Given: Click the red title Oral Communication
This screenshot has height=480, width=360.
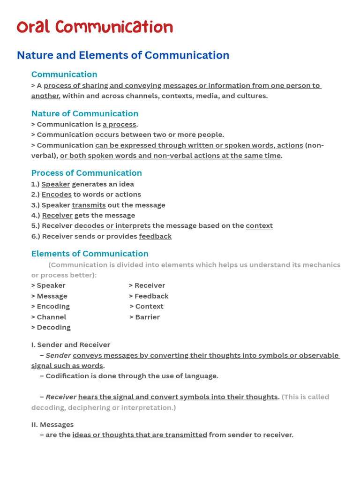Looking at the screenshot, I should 95,27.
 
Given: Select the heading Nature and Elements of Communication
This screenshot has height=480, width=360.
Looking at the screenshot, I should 123,55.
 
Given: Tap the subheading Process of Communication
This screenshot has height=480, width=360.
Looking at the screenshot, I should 86,173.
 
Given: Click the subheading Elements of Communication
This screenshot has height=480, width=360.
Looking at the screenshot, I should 90,254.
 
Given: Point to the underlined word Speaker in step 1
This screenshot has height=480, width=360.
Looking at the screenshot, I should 55,184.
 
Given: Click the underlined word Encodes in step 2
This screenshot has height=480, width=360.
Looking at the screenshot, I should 56,195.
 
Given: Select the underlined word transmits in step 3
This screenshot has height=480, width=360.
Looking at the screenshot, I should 89,205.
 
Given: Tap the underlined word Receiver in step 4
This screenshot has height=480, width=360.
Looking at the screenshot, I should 57,216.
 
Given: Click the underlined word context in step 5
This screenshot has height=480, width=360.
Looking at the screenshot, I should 259,226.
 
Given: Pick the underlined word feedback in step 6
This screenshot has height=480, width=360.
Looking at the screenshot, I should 155,236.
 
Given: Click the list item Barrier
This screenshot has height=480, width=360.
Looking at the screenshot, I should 147,317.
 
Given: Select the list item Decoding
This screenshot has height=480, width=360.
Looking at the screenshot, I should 53,328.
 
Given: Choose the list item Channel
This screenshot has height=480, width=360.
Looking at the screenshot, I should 51,317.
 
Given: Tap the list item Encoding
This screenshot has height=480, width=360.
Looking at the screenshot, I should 53,307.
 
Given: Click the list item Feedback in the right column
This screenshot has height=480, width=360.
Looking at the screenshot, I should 151,296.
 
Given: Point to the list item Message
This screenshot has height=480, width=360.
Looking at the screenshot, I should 52,296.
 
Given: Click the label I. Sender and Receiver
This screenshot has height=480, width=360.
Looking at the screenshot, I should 71,345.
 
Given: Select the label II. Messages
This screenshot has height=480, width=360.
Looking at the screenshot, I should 52,425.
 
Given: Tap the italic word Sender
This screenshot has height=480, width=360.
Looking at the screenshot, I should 58,355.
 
